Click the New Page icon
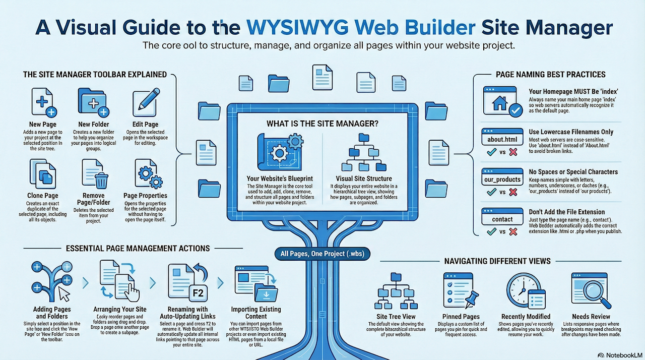coord(43,102)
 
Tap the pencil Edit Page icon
coord(145,102)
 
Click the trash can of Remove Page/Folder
coord(101,180)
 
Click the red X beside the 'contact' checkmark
coord(513,231)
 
